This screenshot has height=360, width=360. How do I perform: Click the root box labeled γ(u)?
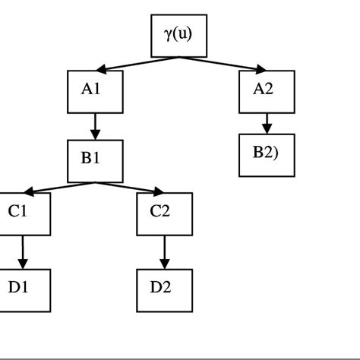click(x=178, y=36)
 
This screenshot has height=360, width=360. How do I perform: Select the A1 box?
click(x=95, y=90)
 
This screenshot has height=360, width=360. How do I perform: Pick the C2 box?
click(x=164, y=214)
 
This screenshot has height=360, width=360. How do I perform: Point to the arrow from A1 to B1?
click(x=95, y=126)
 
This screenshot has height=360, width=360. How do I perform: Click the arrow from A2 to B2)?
click(x=266, y=123)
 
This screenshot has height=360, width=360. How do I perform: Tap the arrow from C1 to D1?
click(x=24, y=252)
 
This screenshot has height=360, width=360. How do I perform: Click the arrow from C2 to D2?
click(x=164, y=252)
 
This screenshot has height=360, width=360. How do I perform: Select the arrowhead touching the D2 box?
click(x=164, y=264)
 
